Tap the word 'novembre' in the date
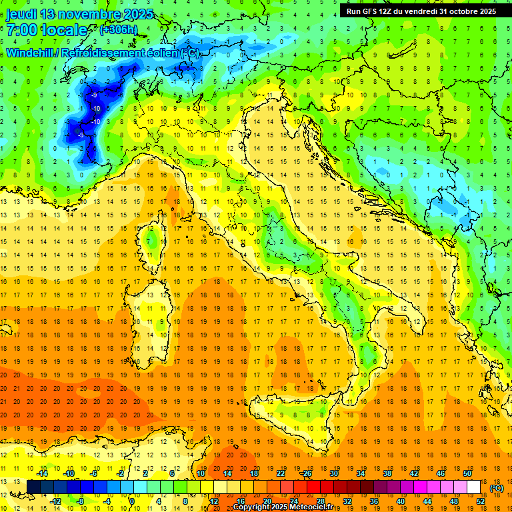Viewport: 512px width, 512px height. click(83, 13)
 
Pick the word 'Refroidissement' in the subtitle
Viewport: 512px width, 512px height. click(103, 53)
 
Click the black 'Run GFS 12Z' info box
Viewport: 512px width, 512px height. click(421, 11)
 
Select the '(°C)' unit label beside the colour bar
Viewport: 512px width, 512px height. click(496, 487)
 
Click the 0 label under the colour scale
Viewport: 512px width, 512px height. click(131, 501)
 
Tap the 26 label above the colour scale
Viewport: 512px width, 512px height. click(307, 473)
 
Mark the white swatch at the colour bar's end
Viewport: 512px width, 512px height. click(474, 487)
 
